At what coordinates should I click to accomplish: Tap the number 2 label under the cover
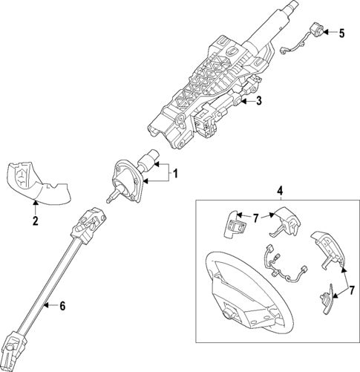tap(35, 220)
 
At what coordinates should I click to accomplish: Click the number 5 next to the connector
tap(342, 33)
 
